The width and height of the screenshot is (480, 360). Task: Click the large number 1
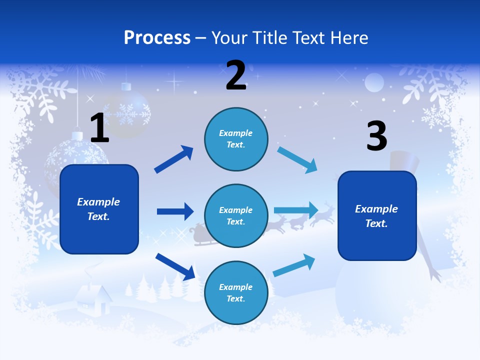(x=99, y=128)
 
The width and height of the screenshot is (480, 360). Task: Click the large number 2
(x=236, y=75)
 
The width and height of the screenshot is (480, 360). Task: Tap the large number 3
(x=376, y=136)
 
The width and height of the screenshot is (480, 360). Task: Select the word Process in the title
(x=157, y=37)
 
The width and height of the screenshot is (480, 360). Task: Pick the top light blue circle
(x=236, y=139)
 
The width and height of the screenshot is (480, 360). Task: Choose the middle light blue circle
(x=236, y=215)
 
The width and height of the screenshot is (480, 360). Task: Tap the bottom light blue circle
(x=236, y=292)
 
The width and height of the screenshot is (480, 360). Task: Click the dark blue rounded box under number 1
(x=99, y=209)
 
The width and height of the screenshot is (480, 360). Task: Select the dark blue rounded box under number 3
(x=377, y=215)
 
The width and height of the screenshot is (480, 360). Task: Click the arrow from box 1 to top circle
(x=174, y=159)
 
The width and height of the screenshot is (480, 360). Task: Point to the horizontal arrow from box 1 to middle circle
(x=175, y=211)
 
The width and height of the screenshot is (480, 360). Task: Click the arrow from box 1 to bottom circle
(x=175, y=266)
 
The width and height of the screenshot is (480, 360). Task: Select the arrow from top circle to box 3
(x=297, y=160)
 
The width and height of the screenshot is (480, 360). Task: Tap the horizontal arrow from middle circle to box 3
(x=296, y=210)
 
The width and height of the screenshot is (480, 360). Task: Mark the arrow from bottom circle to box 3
(x=294, y=265)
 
